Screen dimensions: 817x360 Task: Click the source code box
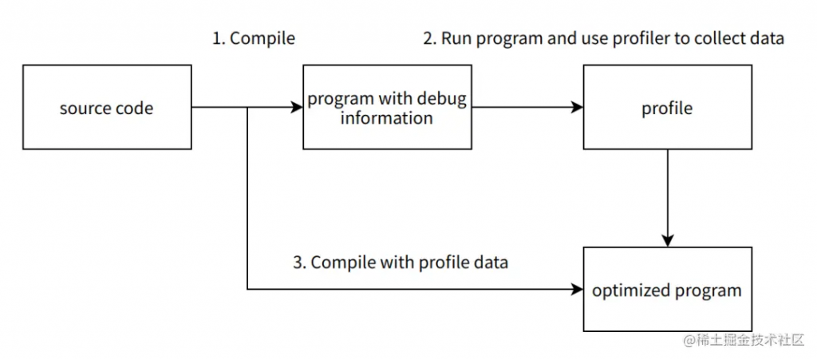tap(107, 107)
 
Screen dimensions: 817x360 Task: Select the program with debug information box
tap(387, 107)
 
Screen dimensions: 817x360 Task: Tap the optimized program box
tap(668, 289)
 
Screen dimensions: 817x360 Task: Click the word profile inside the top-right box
tap(667, 109)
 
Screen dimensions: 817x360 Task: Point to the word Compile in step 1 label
tap(262, 39)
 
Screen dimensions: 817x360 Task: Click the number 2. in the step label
tap(429, 38)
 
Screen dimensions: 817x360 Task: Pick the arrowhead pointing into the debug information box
tap(297, 107)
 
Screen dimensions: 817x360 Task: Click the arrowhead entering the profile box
tap(578, 107)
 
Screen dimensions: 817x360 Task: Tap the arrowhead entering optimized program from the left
tap(578, 289)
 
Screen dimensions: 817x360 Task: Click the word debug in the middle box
tap(443, 99)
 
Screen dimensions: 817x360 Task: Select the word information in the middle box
tap(387, 118)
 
